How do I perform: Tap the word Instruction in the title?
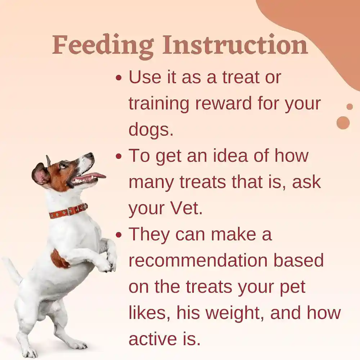pyautogui.click(x=235, y=45)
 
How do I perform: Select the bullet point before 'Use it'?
pyautogui.click(x=119, y=78)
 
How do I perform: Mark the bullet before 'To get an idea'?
pyautogui.click(x=119, y=157)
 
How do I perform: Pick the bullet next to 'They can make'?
pyautogui.click(x=119, y=235)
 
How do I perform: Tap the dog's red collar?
pyautogui.click(x=68, y=211)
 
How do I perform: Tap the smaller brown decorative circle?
pyautogui.click(x=349, y=107)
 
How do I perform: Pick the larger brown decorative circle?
pyautogui.click(x=343, y=123)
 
